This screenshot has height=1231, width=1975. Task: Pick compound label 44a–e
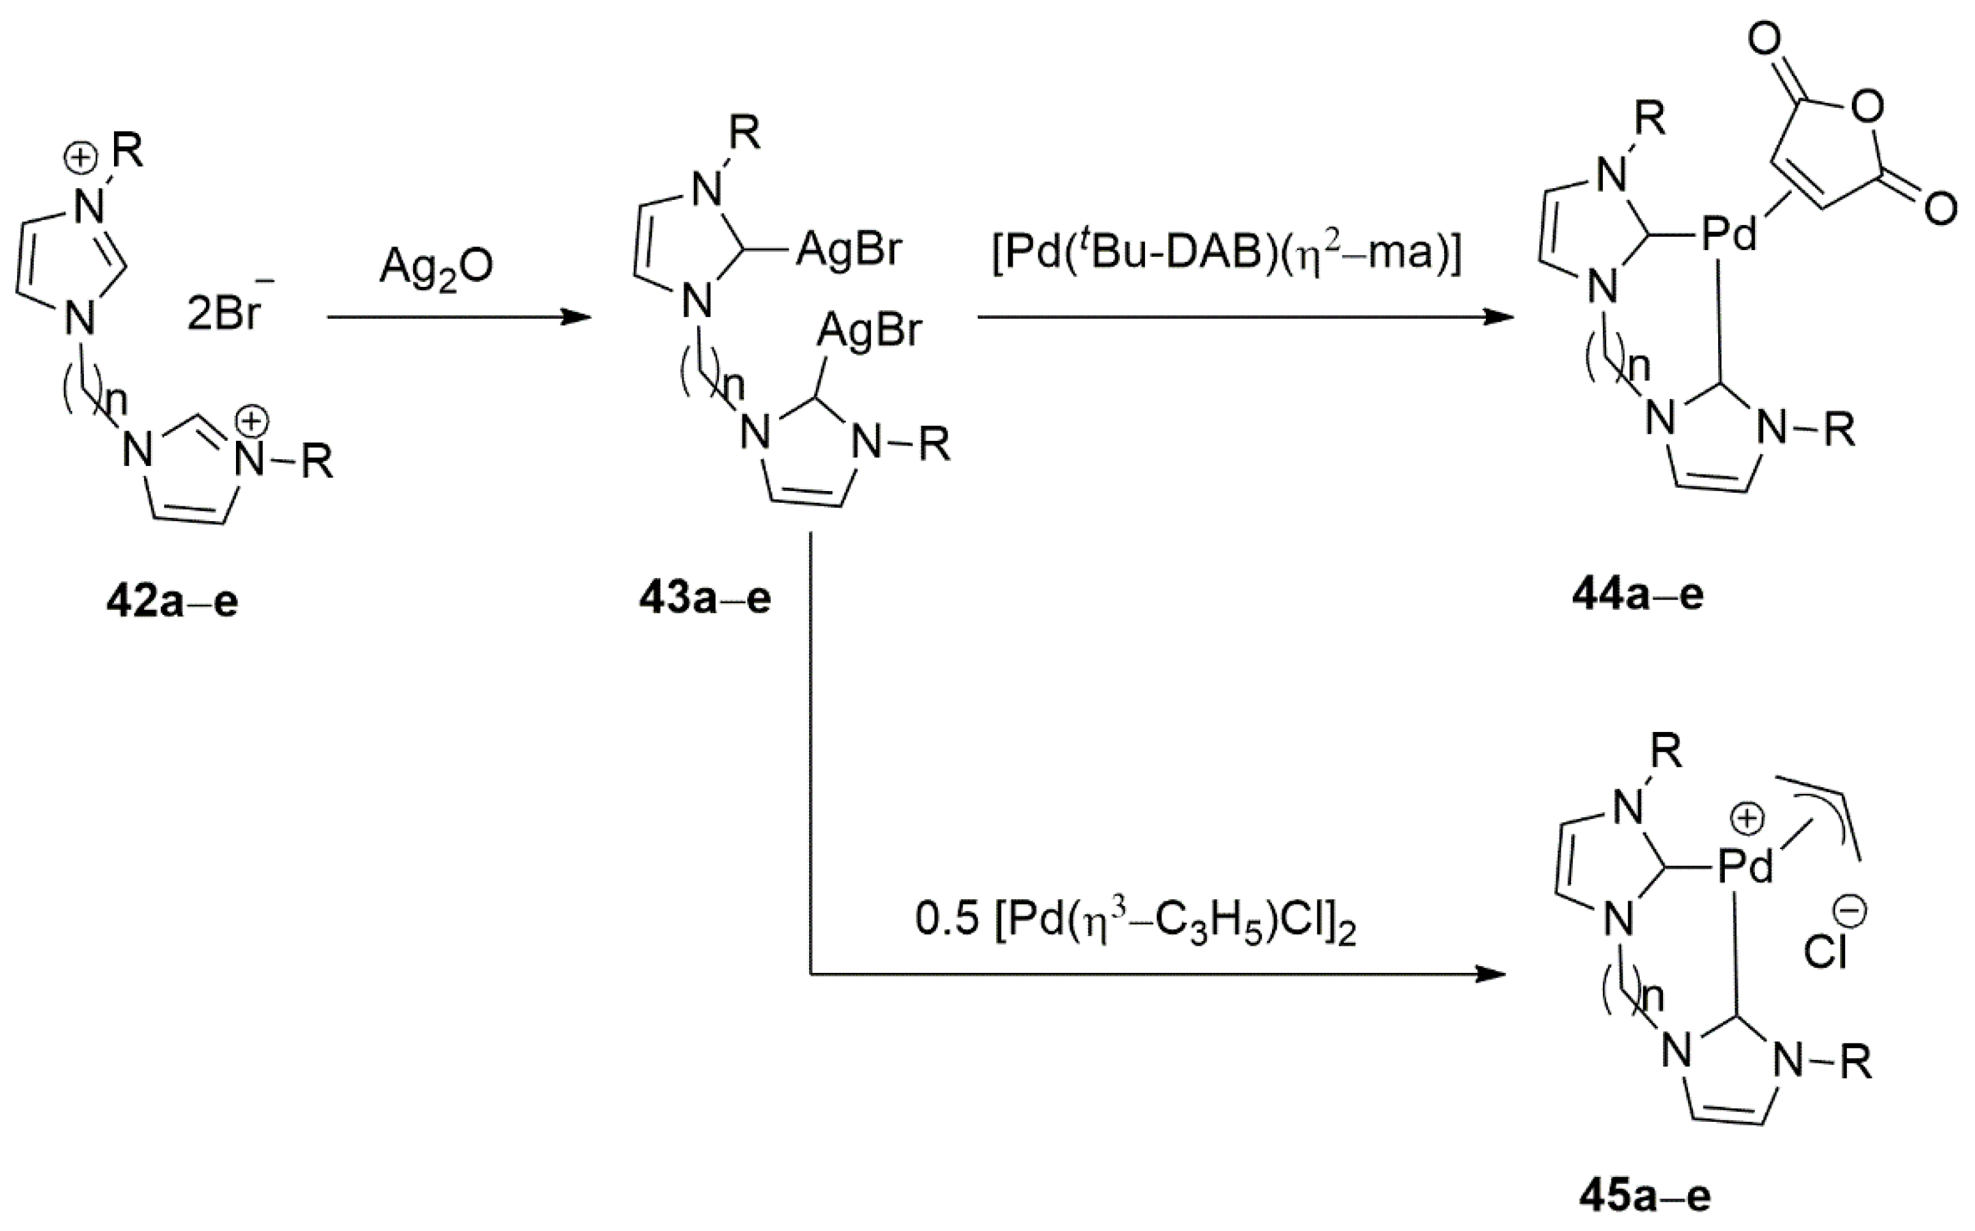click(x=1637, y=596)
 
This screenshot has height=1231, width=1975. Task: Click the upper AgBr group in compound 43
click(x=849, y=249)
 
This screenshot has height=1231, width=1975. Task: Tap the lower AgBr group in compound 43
click(x=869, y=330)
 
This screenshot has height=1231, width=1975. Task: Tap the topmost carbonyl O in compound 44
click(x=1764, y=40)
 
